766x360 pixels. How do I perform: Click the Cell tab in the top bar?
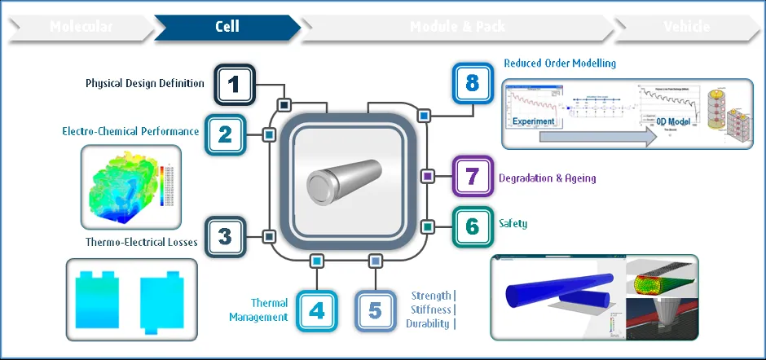[x=227, y=27]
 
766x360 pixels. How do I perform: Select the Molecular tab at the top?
[x=81, y=27]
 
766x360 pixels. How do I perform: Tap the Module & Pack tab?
[x=457, y=27]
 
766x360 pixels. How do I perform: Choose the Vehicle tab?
[x=687, y=27]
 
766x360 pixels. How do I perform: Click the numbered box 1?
[x=235, y=84]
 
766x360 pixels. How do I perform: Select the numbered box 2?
[x=225, y=134]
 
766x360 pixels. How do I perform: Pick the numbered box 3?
[x=225, y=237]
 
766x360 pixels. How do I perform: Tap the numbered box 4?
[x=317, y=310]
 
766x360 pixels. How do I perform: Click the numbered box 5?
[x=375, y=310]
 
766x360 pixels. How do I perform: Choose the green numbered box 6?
[x=472, y=226]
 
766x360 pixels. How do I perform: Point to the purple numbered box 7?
[x=472, y=176]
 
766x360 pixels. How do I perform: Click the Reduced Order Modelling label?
[x=559, y=63]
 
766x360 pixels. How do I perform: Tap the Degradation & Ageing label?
[x=547, y=178]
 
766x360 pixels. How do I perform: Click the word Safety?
[x=513, y=223]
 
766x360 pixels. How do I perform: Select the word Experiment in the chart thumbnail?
[x=534, y=121]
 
